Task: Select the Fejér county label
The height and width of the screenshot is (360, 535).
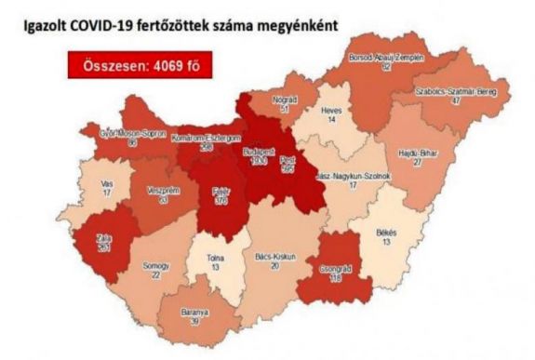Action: [x=221, y=188]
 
